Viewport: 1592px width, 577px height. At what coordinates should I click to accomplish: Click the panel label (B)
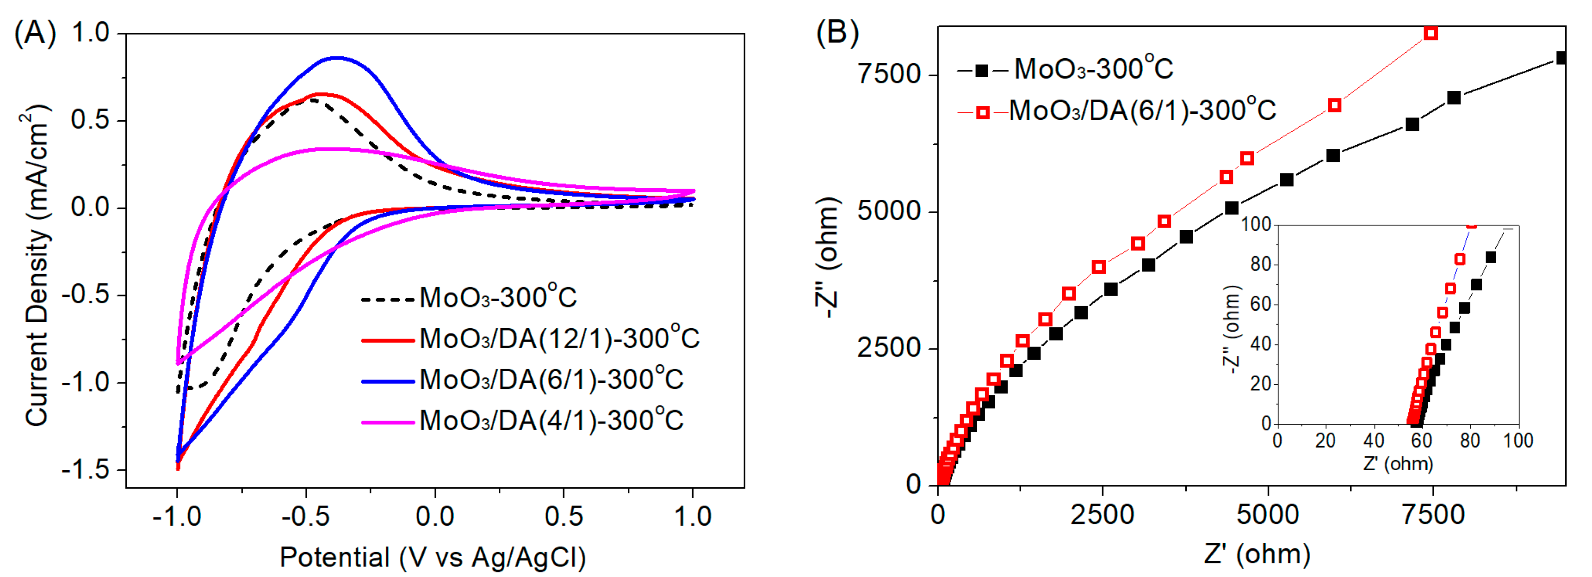click(837, 32)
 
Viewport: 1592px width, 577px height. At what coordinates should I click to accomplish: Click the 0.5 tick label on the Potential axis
click(563, 516)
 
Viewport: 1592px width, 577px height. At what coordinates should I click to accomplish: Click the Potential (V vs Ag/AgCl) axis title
click(433, 557)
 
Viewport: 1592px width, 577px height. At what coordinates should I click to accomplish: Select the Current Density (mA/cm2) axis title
click(37, 266)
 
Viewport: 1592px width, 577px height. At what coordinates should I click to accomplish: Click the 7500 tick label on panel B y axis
click(889, 74)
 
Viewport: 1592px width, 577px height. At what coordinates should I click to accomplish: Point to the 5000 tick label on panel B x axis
click(1268, 515)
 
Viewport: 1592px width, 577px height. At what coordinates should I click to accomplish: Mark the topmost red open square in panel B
click(1430, 33)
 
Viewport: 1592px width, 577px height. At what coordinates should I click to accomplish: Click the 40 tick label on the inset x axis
click(1373, 441)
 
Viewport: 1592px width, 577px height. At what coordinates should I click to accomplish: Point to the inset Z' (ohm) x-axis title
click(1398, 464)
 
